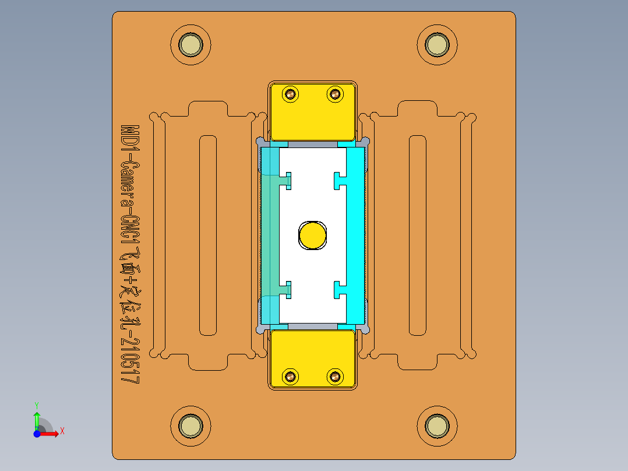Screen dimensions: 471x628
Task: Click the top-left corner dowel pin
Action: [x=190, y=45]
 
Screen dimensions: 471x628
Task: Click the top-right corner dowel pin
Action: [x=436, y=45]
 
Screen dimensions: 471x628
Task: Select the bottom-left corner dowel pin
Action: [x=190, y=426]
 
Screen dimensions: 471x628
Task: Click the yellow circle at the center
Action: [x=313, y=235]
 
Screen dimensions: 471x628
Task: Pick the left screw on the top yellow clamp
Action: [x=290, y=94]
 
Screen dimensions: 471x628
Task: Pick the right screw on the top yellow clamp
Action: [x=335, y=94]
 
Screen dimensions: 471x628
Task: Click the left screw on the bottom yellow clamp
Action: [x=290, y=377]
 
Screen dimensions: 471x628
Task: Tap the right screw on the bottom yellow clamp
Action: [x=335, y=377]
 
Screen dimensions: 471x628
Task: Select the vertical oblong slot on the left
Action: [x=208, y=235]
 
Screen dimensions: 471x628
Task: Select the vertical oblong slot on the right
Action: [x=417, y=235]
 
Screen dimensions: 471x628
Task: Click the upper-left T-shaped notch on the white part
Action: [x=287, y=181]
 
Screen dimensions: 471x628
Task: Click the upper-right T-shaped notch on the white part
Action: [x=338, y=181]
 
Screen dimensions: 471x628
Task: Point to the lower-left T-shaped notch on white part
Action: [x=287, y=290]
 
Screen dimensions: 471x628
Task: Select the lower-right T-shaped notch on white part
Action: [x=338, y=290]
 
